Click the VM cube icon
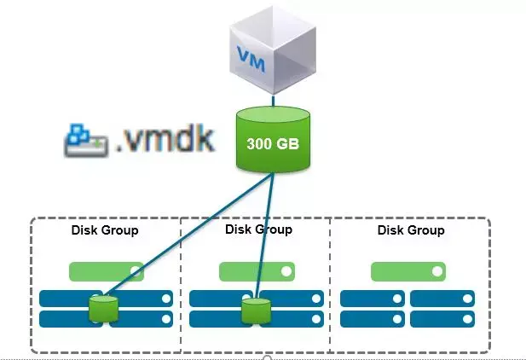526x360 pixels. [x=273, y=50]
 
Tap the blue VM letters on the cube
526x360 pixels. [x=251, y=59]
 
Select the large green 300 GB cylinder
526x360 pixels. [x=273, y=139]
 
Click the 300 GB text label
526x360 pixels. [x=273, y=143]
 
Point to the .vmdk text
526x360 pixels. [x=165, y=138]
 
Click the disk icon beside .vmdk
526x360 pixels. [x=86, y=141]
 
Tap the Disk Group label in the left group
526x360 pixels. [x=105, y=230]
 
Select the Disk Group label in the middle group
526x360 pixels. [x=258, y=229]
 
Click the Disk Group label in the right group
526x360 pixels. [x=411, y=230]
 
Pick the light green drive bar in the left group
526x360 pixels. [x=107, y=271]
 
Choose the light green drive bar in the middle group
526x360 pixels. [x=257, y=271]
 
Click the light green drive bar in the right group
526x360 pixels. [x=408, y=271]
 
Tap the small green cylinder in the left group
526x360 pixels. [x=103, y=309]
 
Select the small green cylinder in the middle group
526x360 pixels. [x=257, y=311]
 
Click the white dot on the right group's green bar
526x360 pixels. [x=437, y=271]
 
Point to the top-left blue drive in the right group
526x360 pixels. [x=373, y=299]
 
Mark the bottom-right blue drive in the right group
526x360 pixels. [x=442, y=319]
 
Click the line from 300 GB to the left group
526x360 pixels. [x=189, y=235]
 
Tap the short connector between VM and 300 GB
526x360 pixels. [x=273, y=101]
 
